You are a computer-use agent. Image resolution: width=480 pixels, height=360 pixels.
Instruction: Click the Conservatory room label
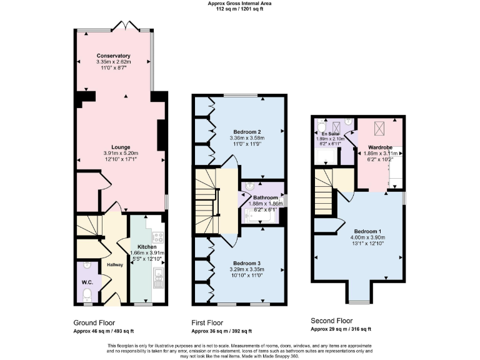tap(113, 56)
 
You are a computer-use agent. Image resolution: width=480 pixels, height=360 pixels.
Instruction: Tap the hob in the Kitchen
tap(157, 237)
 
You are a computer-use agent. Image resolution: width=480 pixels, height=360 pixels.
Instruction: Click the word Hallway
tap(114, 265)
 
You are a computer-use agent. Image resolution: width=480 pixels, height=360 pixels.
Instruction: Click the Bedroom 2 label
tap(247, 132)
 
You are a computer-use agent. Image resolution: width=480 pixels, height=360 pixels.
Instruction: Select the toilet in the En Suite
tap(319, 123)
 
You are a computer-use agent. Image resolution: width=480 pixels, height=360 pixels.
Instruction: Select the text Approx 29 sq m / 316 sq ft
tap(341, 329)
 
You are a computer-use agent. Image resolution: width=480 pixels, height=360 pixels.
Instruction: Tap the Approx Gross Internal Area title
tap(240, 3)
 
